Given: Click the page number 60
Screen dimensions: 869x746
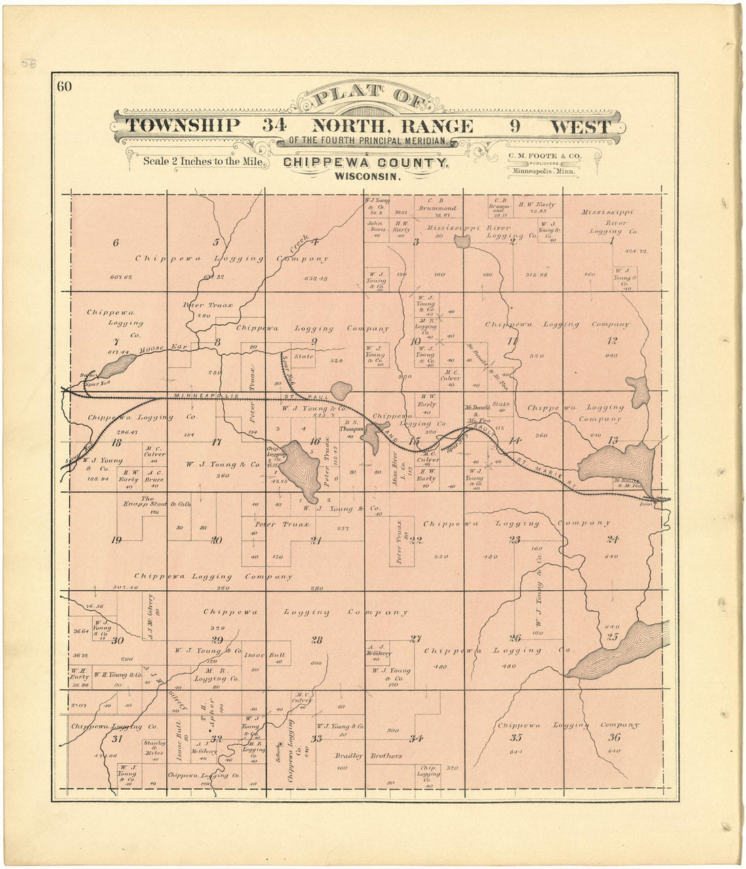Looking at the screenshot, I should pos(64,86).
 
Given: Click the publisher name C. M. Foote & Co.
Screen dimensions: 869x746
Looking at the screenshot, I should pos(543,155).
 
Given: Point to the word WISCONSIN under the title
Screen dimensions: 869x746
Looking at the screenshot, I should pos(366,176).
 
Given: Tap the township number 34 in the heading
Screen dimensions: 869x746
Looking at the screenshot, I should pos(275,126).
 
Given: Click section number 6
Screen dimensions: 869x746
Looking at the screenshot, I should pos(116,242).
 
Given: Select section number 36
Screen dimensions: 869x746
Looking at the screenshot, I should pos(614,737).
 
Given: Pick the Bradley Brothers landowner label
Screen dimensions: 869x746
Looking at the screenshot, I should pos(368,756).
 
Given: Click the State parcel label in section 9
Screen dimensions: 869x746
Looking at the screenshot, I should pos(303,355).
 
